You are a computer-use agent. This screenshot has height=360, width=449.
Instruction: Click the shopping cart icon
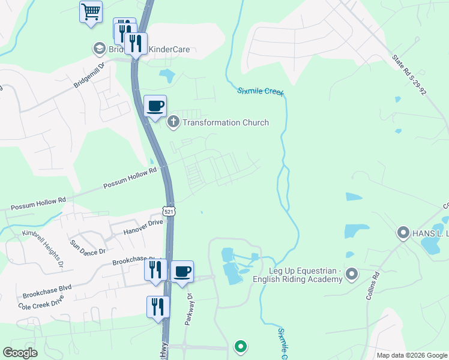tap(91, 11)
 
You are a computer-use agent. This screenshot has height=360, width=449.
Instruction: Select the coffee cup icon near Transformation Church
tap(155, 106)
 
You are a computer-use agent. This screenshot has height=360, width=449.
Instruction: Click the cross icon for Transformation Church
tap(173, 122)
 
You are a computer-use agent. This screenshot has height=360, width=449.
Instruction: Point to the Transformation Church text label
tap(226, 122)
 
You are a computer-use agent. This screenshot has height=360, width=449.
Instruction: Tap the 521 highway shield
tap(169, 211)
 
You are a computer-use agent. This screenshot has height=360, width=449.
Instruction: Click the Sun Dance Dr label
tap(88, 246)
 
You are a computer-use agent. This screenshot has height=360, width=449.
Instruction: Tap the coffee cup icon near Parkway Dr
tap(182, 271)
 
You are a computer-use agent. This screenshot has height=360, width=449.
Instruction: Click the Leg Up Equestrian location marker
tap(352, 275)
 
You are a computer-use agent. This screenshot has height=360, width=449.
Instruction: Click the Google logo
tap(20, 353)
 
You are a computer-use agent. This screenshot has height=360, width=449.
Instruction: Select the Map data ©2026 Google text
tap(412, 355)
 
